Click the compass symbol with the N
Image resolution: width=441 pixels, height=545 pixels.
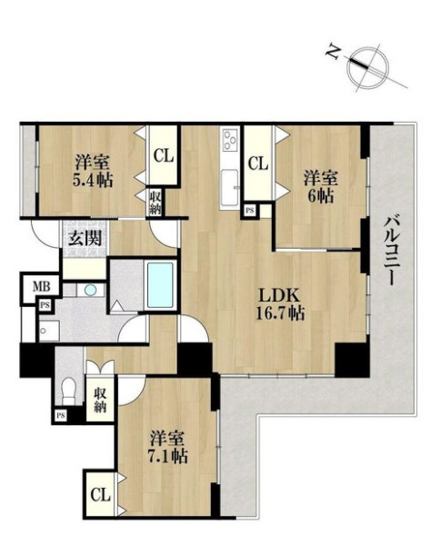tap(368, 67)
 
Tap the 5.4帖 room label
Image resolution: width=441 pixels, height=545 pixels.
tap(92, 180)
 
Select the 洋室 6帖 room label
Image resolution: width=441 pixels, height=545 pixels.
tap(321, 187)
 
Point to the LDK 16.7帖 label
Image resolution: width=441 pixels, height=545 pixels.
tap(280, 304)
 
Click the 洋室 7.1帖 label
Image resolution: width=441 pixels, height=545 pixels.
tap(169, 447)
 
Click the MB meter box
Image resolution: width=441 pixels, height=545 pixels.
tap(41, 287)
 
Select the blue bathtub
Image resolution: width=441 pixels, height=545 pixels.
tap(160, 285)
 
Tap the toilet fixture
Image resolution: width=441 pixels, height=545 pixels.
tap(68, 391)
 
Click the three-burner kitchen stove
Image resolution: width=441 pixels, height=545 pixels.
tap(230, 139)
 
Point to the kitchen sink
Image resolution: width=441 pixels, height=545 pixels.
tap(230, 188)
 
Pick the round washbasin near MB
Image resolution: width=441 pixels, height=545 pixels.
tap(90, 289)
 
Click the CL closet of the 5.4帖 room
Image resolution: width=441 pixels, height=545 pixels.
tap(164, 155)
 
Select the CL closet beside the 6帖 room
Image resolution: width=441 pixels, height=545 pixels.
tap(258, 163)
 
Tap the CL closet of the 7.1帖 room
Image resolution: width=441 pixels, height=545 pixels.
tap(100, 494)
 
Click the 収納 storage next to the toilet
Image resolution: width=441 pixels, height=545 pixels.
tap(100, 399)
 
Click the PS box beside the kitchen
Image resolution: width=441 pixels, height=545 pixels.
tap(249, 211)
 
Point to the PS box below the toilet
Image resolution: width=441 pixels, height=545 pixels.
tap(61, 415)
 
